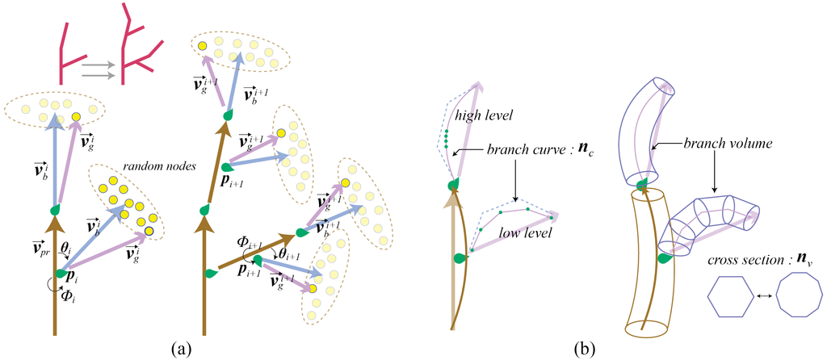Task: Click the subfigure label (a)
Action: coord(181,350)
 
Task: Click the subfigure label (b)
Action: coord(585,350)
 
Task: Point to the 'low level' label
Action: coord(526,233)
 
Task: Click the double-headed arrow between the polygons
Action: coord(766,298)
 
